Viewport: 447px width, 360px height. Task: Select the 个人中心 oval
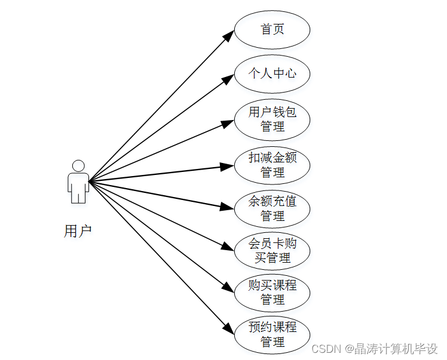pyautogui.click(x=272, y=73)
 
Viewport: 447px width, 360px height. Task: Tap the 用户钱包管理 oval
pyautogui.click(x=272, y=119)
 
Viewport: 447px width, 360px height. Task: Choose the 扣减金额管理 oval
pyautogui.click(x=272, y=165)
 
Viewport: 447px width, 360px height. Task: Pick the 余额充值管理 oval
pyautogui.click(x=272, y=208)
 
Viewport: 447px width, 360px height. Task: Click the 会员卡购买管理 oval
pyautogui.click(x=272, y=251)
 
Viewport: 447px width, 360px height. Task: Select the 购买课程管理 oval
pyautogui.click(x=272, y=292)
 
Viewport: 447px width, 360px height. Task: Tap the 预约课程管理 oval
pyautogui.click(x=272, y=334)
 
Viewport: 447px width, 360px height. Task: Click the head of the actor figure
pyautogui.click(x=78, y=165)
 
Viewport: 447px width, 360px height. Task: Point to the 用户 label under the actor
pyautogui.click(x=78, y=232)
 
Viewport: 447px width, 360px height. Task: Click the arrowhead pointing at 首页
pyautogui.click(x=228, y=36)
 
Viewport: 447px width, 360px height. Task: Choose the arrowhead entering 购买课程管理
pyautogui.click(x=228, y=288)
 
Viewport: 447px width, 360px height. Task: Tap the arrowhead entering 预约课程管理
pyautogui.click(x=228, y=328)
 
